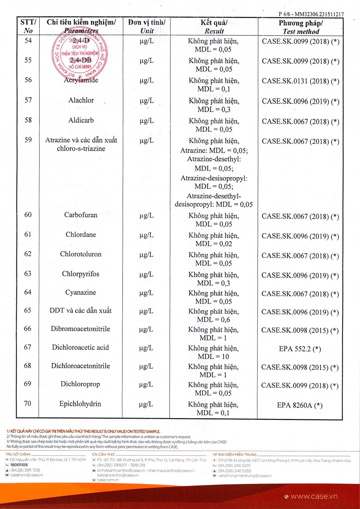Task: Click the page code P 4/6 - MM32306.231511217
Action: [311, 14]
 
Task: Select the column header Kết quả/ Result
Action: [214, 27]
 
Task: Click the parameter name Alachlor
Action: [81, 100]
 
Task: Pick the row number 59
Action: [28, 140]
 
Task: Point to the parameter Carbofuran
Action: [81, 215]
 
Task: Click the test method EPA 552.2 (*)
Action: [300, 349]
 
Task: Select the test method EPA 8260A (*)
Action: [300, 405]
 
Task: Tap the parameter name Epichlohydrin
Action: [80, 404]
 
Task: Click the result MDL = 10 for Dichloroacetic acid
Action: [213, 357]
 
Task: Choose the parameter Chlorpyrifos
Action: [80, 274]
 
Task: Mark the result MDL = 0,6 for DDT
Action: [213, 320]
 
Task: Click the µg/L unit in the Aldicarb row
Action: [147, 121]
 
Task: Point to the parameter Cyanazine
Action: [80, 293]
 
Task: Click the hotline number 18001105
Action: [19, 465]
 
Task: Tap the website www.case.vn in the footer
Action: [314, 496]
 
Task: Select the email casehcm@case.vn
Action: [26, 475]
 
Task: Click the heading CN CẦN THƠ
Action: [103, 454]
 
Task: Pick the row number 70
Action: [28, 404]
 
